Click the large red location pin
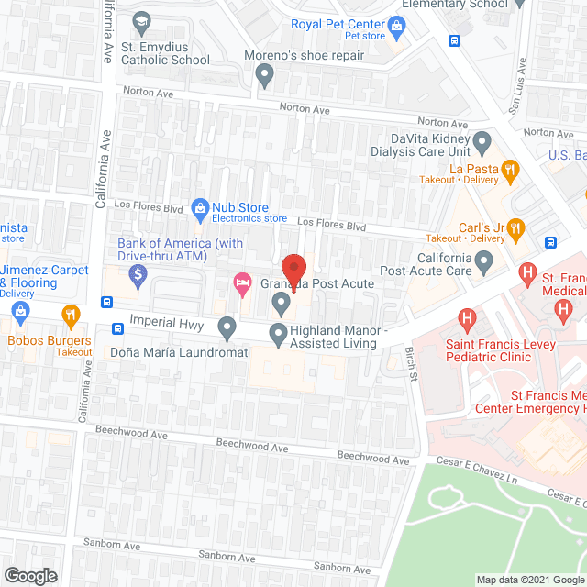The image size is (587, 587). [293, 267]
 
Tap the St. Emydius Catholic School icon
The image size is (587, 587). [141, 21]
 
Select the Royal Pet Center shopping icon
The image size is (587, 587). [396, 25]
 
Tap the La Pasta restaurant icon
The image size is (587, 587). [512, 169]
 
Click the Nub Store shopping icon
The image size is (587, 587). [200, 207]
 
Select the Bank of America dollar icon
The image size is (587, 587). [138, 272]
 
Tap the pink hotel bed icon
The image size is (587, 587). [242, 281]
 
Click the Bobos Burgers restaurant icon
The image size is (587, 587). [69, 316]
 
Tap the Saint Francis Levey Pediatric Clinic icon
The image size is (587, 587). [467, 320]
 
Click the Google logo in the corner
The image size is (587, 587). [29, 575]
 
